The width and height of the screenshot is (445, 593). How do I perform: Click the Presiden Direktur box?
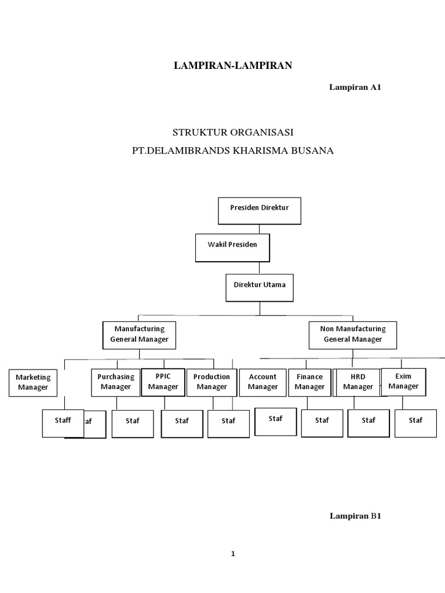click(x=260, y=211)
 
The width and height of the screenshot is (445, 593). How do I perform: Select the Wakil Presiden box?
click(x=232, y=248)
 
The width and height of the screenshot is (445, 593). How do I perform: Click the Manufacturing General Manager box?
click(x=139, y=334)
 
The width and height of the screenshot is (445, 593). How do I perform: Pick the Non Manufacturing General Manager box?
click(x=352, y=334)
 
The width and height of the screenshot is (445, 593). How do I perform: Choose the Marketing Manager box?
click(x=33, y=382)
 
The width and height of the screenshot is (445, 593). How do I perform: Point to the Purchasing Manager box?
click(x=116, y=382)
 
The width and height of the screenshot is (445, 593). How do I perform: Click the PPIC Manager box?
click(x=163, y=382)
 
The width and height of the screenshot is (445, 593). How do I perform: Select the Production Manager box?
click(x=211, y=382)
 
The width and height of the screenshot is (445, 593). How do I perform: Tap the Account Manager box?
click(x=262, y=382)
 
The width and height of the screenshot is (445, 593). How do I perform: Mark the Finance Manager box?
click(x=309, y=382)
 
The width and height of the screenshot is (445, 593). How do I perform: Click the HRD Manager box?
click(x=358, y=382)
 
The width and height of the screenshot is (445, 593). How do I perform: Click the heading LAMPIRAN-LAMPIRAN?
click(x=233, y=65)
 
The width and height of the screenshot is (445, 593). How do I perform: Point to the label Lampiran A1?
click(x=355, y=87)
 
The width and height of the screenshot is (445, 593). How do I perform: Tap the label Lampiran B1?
click(x=355, y=515)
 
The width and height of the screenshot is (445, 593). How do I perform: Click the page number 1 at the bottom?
click(x=233, y=553)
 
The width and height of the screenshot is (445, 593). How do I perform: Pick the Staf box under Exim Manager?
click(x=415, y=423)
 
